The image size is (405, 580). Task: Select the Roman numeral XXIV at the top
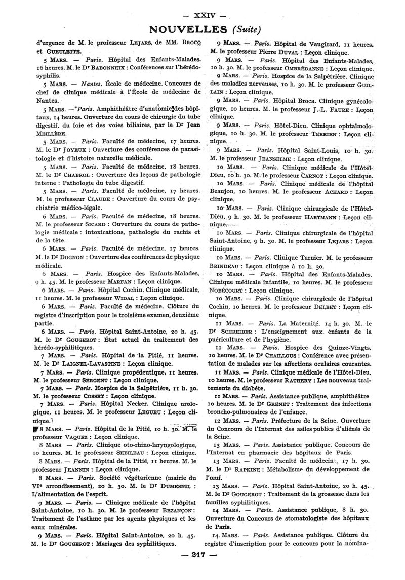[202, 9]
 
